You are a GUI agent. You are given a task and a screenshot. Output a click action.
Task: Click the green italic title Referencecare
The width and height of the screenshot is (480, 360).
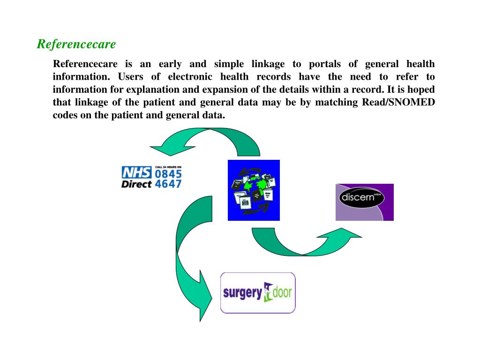76,45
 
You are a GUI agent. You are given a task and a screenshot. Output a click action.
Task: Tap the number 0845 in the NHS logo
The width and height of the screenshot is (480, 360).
168,173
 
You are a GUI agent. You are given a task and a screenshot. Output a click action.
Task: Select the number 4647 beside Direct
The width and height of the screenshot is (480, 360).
168,183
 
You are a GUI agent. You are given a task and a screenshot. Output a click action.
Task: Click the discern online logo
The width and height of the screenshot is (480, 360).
364,202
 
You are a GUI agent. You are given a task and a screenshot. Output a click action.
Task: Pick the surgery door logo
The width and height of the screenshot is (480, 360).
258,293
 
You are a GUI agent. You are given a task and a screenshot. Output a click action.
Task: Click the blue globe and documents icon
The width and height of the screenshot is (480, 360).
254,190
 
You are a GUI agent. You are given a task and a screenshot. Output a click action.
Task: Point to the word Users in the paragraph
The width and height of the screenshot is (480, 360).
130,77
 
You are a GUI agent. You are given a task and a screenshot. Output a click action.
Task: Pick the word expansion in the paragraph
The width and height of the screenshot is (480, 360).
224,90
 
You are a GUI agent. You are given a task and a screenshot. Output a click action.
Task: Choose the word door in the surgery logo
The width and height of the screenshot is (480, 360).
282,293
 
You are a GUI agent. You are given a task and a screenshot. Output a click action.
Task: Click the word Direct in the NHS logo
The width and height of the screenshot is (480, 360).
136,184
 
